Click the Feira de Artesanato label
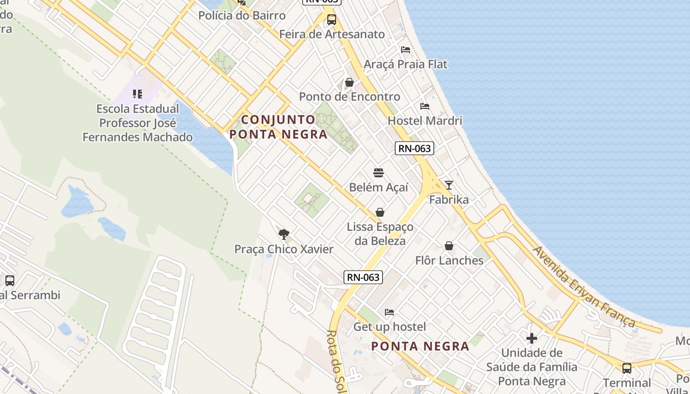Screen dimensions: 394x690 point(332,34)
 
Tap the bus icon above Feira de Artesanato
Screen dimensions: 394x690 point(332,20)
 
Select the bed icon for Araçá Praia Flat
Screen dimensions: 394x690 point(406,50)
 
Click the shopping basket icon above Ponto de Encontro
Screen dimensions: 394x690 point(349,82)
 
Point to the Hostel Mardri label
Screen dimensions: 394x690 point(425,121)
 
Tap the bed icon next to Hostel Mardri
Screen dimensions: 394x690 point(425,106)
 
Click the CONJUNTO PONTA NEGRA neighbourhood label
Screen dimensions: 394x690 point(278,127)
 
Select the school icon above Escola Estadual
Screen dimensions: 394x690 point(138,94)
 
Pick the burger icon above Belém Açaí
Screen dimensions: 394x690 point(379,173)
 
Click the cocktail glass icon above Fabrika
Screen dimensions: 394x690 point(448,185)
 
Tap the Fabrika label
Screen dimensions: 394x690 point(448,200)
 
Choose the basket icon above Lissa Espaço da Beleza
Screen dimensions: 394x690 point(380,212)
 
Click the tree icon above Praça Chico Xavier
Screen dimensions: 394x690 point(283,234)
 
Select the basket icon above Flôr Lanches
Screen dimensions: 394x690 point(449,246)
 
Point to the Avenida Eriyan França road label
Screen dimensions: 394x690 point(584,287)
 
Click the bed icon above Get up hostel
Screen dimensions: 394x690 point(389,312)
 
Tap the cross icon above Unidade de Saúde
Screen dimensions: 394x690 point(531,338)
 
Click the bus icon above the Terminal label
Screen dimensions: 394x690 point(627,368)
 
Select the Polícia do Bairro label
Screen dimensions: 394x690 point(242,15)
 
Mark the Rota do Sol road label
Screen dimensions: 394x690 point(336,362)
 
